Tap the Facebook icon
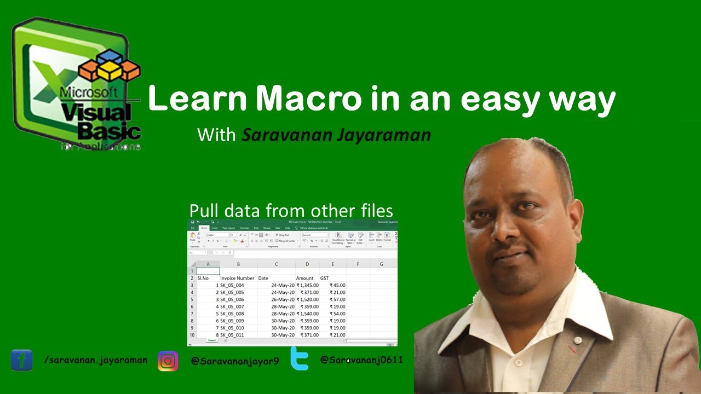[21, 360]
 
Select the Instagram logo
[168, 361]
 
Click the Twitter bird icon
[299, 359]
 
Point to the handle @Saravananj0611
[361, 360]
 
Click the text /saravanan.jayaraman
[95, 360]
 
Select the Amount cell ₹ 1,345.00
[307, 286]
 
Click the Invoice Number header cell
[237, 279]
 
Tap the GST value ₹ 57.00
[337, 300]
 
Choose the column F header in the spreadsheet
[358, 264]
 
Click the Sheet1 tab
[211, 340]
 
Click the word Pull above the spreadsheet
[203, 211]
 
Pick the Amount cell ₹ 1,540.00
[307, 314]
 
